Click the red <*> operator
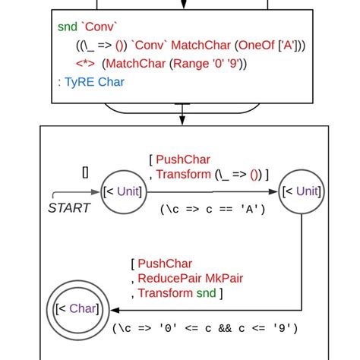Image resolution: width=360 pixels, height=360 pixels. pyautogui.click(x=85, y=63)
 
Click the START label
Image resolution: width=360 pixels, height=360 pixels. pyautogui.click(x=69, y=208)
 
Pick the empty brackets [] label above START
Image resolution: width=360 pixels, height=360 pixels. pyautogui.click(x=85, y=172)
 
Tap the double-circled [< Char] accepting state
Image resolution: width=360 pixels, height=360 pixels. pyautogui.click(x=76, y=309)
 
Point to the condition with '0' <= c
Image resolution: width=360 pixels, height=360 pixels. pyautogui.click(x=204, y=329)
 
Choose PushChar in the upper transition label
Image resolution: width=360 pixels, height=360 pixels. pyautogui.click(x=184, y=159)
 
